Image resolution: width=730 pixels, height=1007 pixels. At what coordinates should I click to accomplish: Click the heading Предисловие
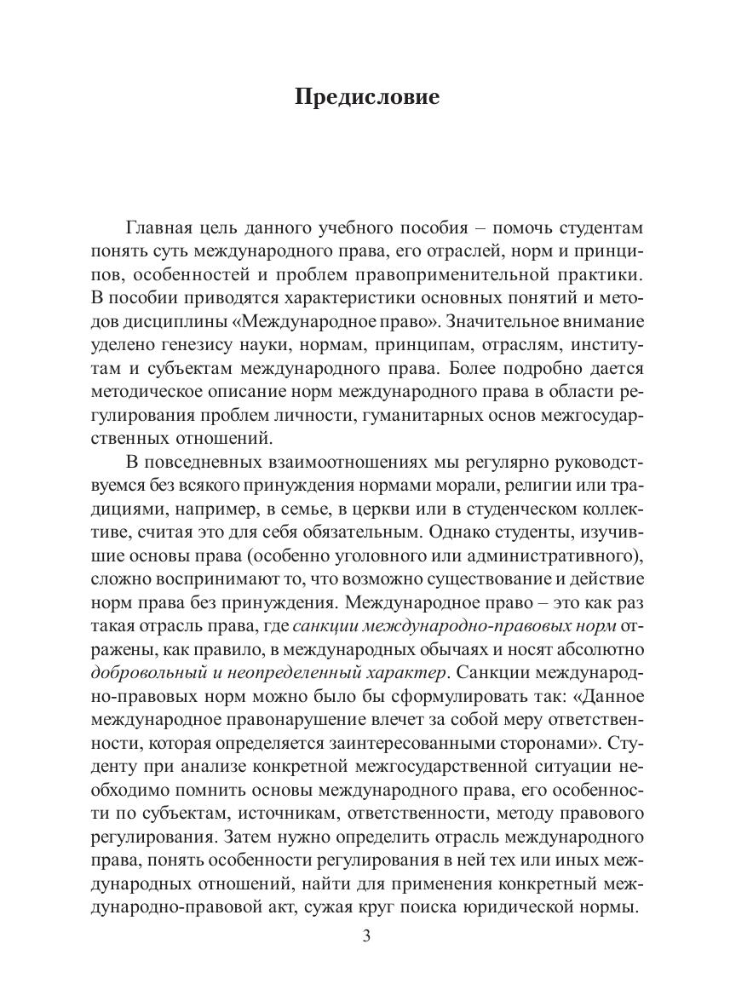(x=367, y=97)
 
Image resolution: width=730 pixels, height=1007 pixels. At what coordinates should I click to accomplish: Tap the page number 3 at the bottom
(x=366, y=937)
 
